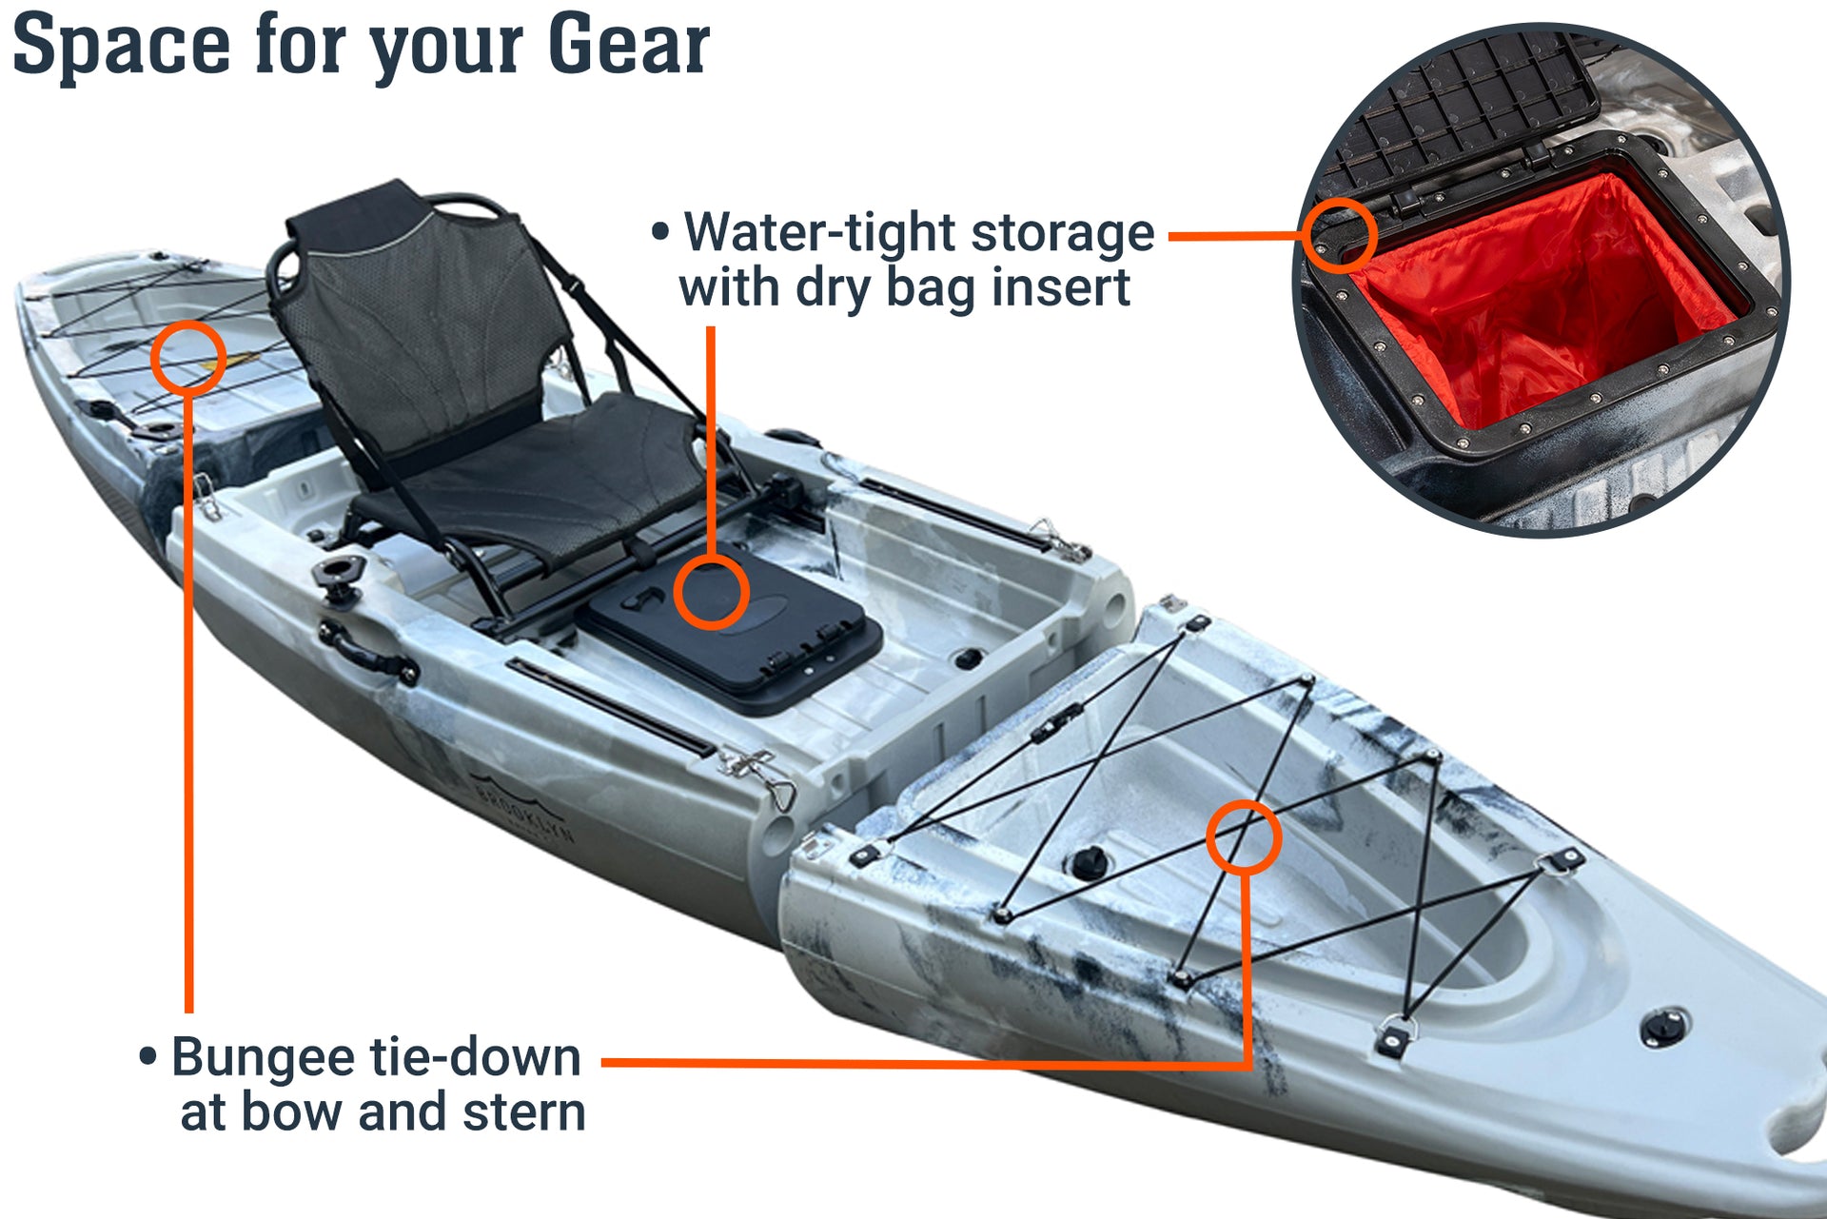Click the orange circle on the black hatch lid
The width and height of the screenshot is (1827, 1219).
pos(712,592)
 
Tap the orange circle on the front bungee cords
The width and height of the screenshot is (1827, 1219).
pos(1244,837)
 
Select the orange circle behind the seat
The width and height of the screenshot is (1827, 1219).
pos(188,357)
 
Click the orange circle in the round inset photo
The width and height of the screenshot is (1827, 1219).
pos(1340,235)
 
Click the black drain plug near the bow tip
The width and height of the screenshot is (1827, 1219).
pos(1664,1029)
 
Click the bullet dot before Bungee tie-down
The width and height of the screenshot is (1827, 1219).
pos(147,1056)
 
